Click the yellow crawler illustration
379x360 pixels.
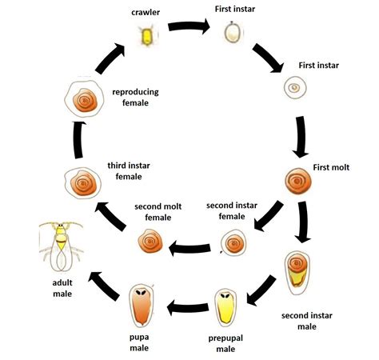pyautogui.click(x=147, y=35)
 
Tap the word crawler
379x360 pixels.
pyautogui.click(x=146, y=12)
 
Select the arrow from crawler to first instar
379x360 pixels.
pyautogui.click(x=189, y=26)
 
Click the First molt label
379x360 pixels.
pyautogui.click(x=331, y=167)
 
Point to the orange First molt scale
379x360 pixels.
pyautogui.click(x=298, y=181)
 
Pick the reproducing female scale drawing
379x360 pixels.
pyautogui.click(x=84, y=98)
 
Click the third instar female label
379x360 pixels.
pyautogui.click(x=129, y=171)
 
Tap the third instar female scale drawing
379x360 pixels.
pyautogui.click(x=82, y=183)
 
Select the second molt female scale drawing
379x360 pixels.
pyautogui.click(x=150, y=241)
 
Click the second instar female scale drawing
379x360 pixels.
pyautogui.click(x=233, y=242)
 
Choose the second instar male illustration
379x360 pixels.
pyautogui.click(x=297, y=273)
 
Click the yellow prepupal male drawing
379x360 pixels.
pyautogui.click(x=225, y=308)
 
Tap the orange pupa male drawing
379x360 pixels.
pyautogui.click(x=142, y=306)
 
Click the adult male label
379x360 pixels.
pyautogui.click(x=62, y=288)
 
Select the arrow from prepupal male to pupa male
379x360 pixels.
pyautogui.click(x=188, y=307)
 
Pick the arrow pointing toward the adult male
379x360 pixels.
pyautogui.click(x=104, y=286)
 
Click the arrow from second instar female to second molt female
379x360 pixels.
pyautogui.click(x=189, y=248)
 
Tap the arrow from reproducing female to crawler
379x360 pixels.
pyautogui.click(x=110, y=58)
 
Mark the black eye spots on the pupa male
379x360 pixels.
pyautogui.click(x=141, y=292)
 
